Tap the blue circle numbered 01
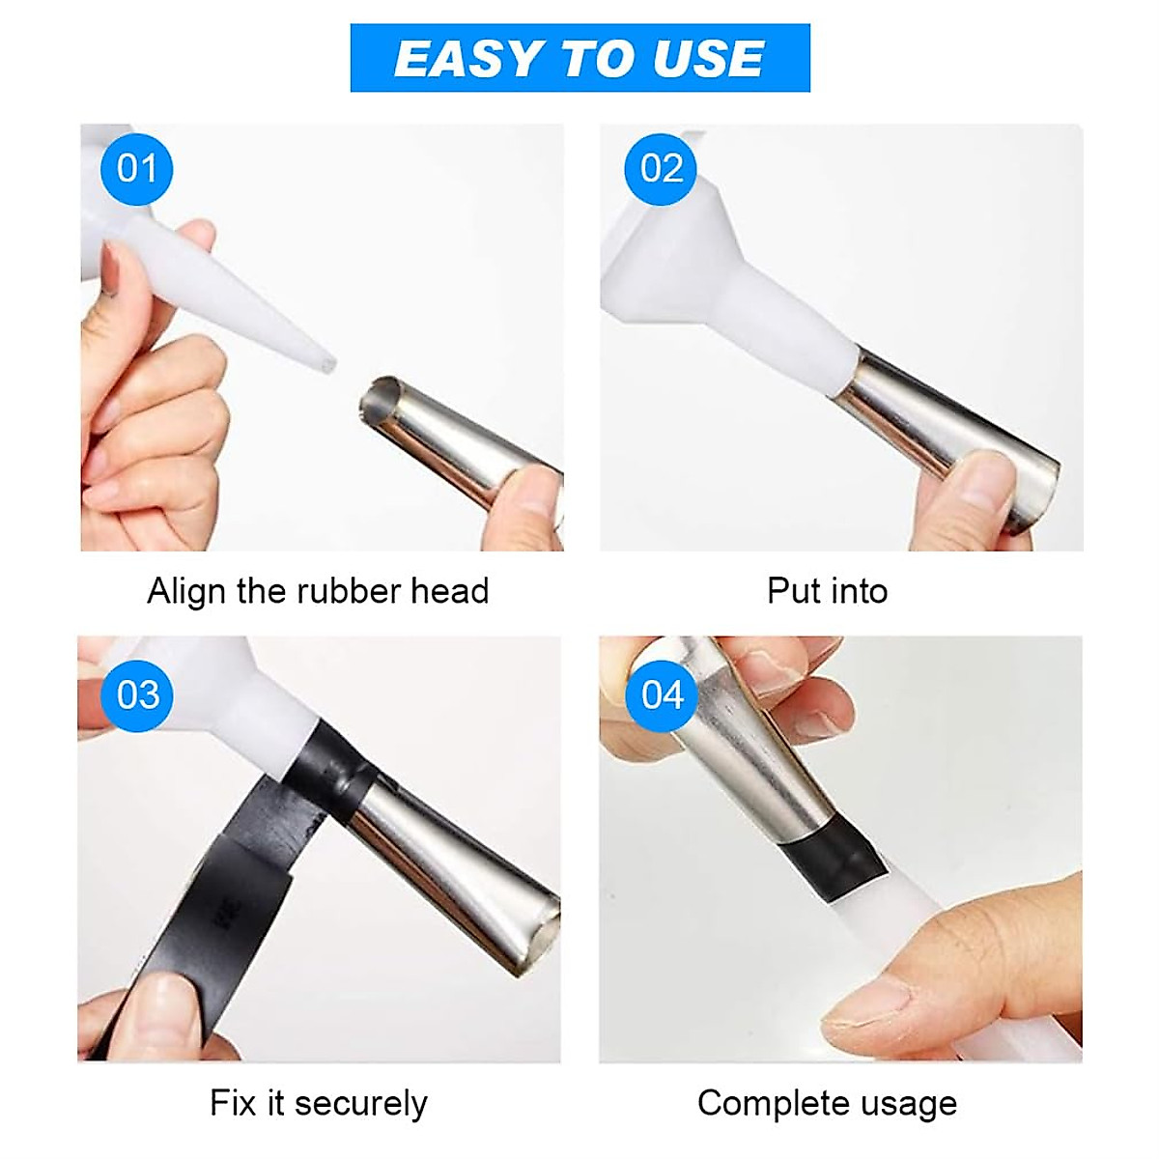click(x=136, y=169)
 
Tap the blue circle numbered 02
click(x=661, y=169)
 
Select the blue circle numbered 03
click(x=137, y=694)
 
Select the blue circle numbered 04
click(x=662, y=694)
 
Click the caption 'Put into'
click(x=827, y=590)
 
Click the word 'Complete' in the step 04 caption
click(x=763, y=1103)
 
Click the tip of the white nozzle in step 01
click(x=328, y=363)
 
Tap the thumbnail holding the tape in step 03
click(x=159, y=1009)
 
